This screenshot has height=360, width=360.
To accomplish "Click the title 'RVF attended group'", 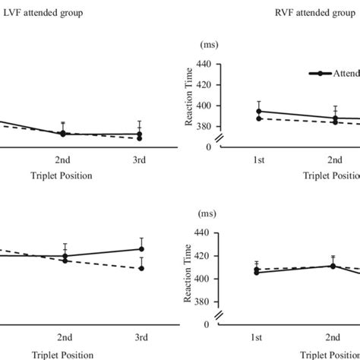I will coord(313,13).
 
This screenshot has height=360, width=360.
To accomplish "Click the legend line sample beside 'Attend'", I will coord(323,73).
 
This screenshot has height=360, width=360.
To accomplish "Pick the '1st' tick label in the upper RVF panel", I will coord(259,161).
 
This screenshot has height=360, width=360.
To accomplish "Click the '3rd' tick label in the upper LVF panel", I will coord(139,161).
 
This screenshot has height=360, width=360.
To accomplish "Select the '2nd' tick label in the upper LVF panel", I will coord(63,161).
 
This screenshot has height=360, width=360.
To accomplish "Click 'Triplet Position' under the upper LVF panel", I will coord(62,175).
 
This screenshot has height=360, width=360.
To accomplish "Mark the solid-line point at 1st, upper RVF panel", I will coord(259,112).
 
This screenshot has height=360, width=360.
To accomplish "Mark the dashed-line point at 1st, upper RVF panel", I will coord(259,118).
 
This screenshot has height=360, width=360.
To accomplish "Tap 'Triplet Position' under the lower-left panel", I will coord(62,354).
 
